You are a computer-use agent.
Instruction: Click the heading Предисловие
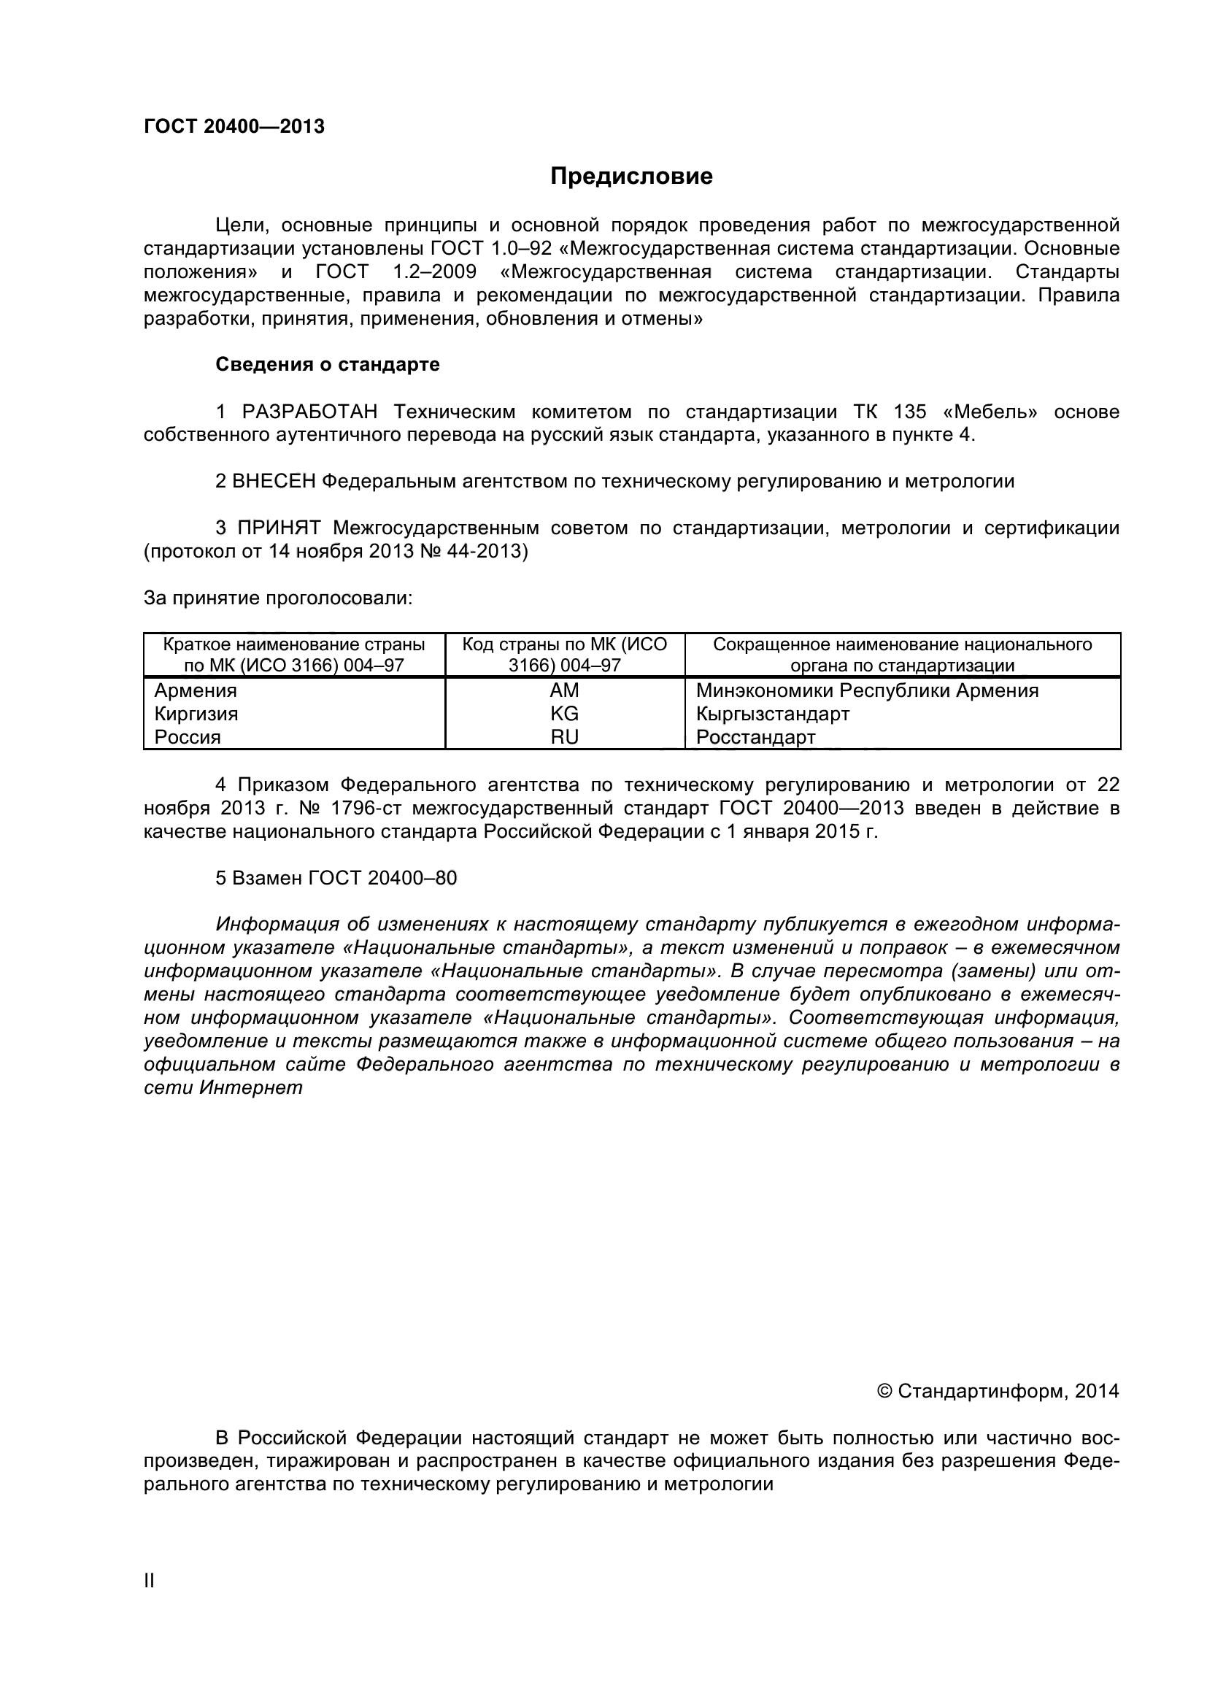pyautogui.click(x=631, y=176)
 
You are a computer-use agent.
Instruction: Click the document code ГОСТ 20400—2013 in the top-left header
pyautogui.click(x=234, y=126)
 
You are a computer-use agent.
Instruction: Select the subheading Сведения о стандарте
pyautogui.click(x=327, y=364)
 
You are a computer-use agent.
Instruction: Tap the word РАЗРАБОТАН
pyautogui.click(x=309, y=411)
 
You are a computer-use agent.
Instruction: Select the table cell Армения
pyautogui.click(x=196, y=690)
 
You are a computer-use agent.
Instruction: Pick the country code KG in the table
pyautogui.click(x=564, y=714)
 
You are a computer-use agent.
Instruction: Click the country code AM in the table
pyautogui.click(x=564, y=690)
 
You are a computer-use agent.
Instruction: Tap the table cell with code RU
pyautogui.click(x=564, y=737)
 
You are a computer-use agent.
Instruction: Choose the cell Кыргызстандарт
pyautogui.click(x=772, y=714)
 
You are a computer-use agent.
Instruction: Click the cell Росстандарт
pyautogui.click(x=755, y=737)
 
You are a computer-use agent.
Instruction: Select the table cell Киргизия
pyautogui.click(x=196, y=714)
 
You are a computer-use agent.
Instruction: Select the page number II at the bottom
pyautogui.click(x=149, y=1601)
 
